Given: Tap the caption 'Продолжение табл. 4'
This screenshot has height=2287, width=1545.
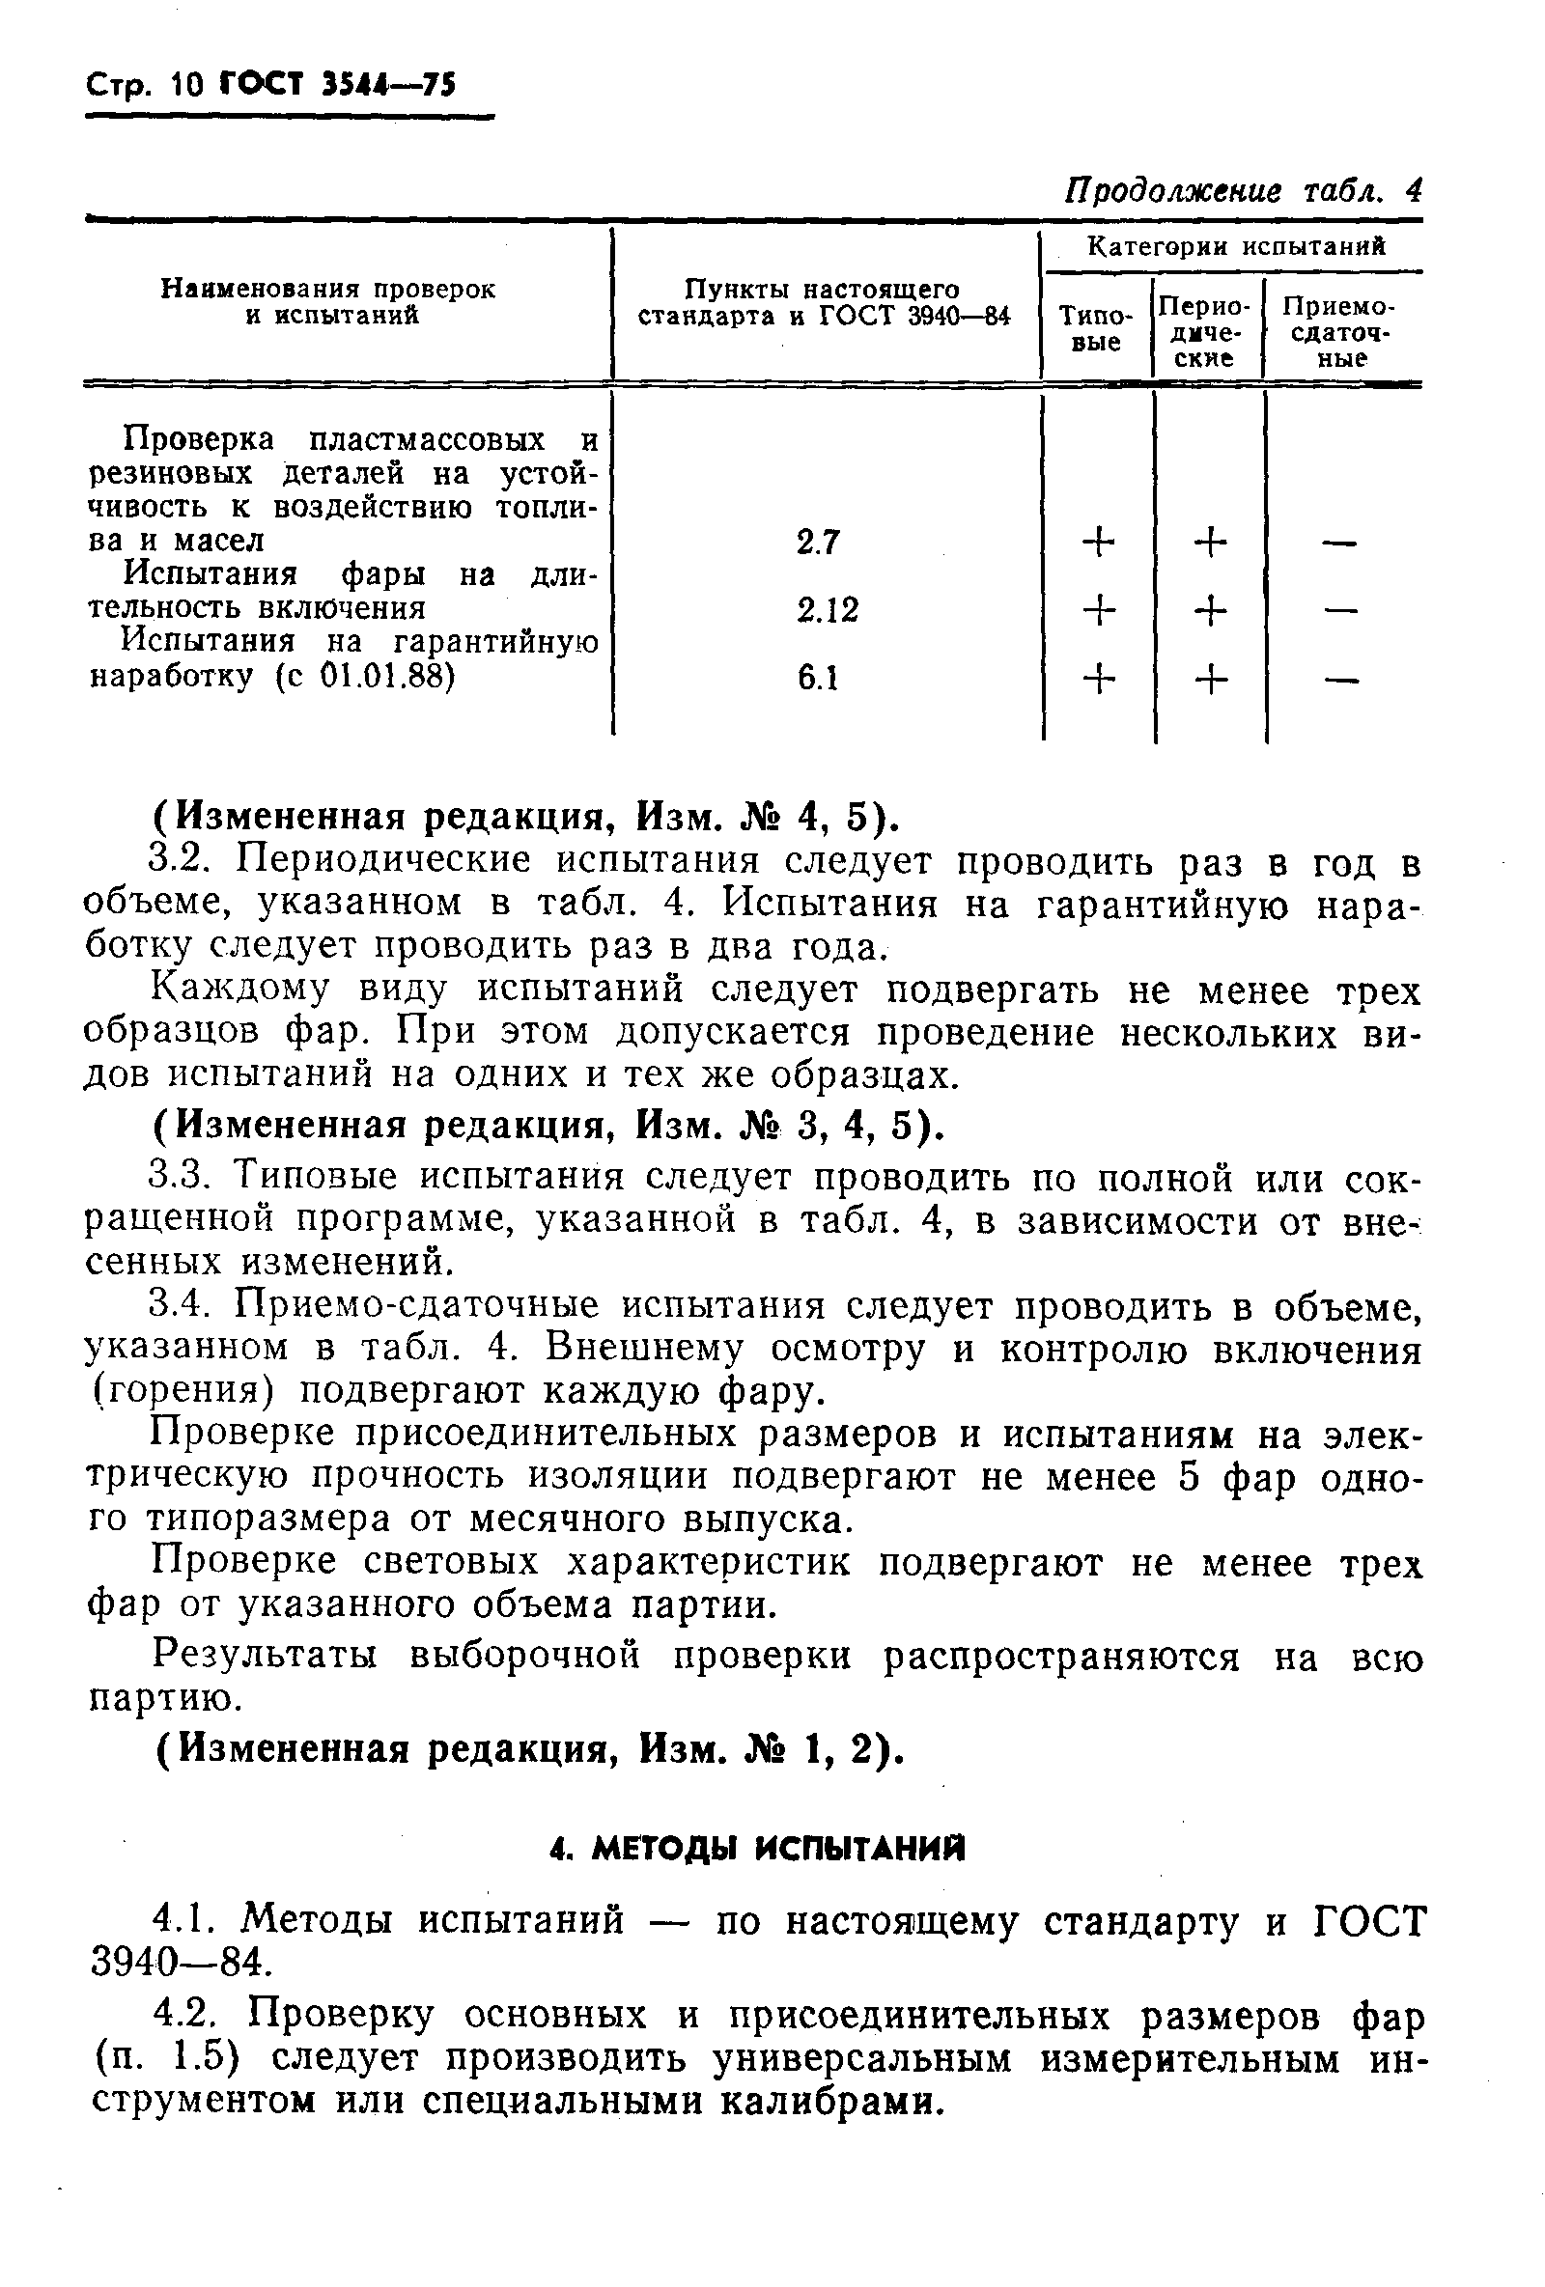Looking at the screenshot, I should pyautogui.click(x=1243, y=190).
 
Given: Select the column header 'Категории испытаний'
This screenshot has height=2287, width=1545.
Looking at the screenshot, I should pyautogui.click(x=1235, y=247).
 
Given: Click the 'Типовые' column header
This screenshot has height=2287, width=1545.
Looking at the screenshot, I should pyautogui.click(x=1095, y=328).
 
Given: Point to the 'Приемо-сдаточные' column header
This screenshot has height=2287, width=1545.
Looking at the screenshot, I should pyautogui.click(x=1339, y=332).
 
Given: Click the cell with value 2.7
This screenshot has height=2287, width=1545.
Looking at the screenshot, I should pyautogui.click(x=818, y=543).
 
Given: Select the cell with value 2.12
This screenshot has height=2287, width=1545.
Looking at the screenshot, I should pyautogui.click(x=827, y=610).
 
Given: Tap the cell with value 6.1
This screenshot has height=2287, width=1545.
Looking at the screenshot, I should pyautogui.click(x=818, y=678).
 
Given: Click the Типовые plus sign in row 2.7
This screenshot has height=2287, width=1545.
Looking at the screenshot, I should pyautogui.click(x=1098, y=543).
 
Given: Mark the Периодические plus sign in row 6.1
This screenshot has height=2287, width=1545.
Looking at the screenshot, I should pyautogui.click(x=1211, y=679).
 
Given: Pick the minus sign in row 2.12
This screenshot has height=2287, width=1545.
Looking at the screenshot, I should pyautogui.click(x=1339, y=611).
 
